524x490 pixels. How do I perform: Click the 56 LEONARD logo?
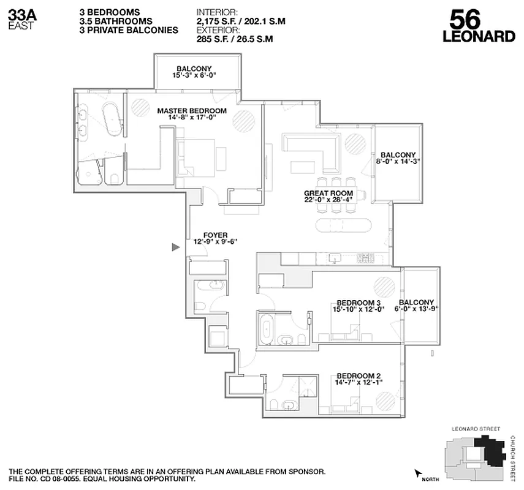point(478,27)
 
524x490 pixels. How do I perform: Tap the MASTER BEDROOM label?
point(192,111)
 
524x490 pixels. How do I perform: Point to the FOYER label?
point(216,235)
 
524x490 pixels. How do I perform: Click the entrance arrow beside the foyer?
point(175,247)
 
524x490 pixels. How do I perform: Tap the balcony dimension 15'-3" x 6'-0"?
point(194,76)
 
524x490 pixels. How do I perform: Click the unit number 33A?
point(20,14)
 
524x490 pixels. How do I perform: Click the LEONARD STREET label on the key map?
point(476,429)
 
